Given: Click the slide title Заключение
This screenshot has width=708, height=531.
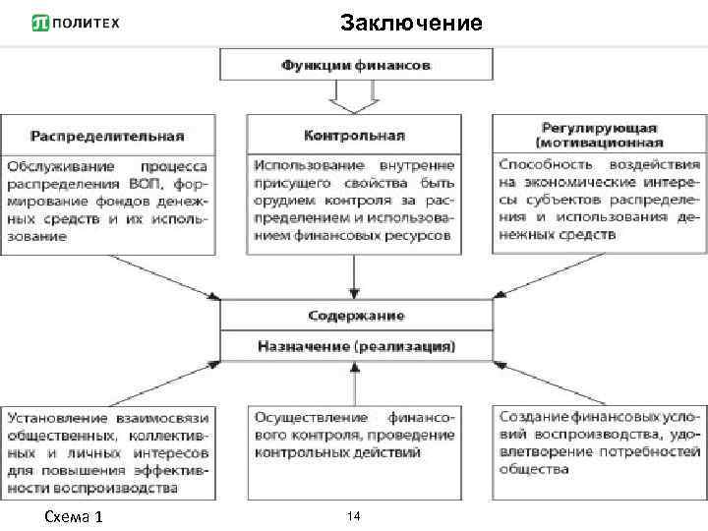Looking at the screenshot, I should [x=411, y=22].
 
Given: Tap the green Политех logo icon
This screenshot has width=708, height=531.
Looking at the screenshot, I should [x=41, y=23].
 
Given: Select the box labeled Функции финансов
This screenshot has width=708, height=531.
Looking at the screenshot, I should [x=356, y=65].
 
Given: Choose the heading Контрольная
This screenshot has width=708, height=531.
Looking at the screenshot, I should [x=355, y=135].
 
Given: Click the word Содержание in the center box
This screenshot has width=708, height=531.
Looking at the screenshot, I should [x=355, y=316].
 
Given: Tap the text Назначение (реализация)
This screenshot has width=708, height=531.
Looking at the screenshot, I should [x=355, y=346].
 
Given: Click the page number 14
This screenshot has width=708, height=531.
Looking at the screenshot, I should [x=355, y=515].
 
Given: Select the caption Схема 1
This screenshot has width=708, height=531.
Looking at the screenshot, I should [x=74, y=517].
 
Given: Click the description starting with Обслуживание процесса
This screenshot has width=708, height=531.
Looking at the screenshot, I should [x=106, y=202].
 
